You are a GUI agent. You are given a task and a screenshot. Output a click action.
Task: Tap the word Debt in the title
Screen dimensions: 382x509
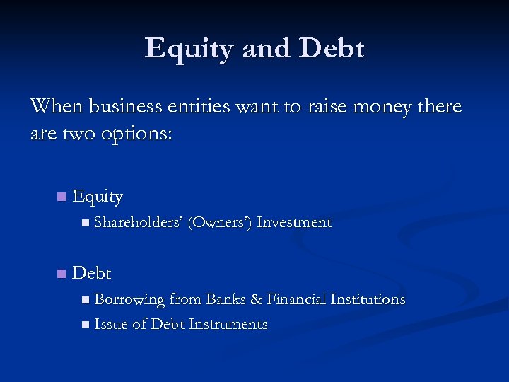[332, 49]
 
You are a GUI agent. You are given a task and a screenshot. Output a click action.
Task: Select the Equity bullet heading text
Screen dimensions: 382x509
[98, 197]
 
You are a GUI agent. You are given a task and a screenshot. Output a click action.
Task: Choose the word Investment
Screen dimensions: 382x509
[294, 222]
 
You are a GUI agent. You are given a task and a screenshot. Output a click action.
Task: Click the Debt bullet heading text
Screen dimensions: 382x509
[92, 273]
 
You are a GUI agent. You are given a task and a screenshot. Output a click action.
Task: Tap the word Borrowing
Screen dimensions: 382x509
[130, 299]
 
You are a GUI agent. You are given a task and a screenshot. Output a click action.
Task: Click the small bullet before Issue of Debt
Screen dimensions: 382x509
[85, 325]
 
